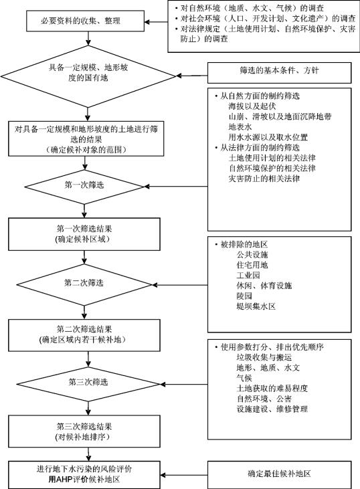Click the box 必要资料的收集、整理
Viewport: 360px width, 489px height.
pos(85,21)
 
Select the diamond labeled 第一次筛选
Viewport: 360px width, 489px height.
pos(84,187)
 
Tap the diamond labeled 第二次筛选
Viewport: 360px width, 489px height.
pos(84,284)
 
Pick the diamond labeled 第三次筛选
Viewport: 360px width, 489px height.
pos(88,383)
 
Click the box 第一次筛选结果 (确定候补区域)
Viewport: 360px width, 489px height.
pos(84,234)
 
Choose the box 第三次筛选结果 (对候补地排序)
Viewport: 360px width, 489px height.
pos(84,431)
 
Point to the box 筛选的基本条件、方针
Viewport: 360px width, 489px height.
pos(280,73)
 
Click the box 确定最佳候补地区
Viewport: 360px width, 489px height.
pos(280,475)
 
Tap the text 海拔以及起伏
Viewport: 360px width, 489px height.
pos(252,106)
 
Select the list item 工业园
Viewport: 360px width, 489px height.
pos(248,276)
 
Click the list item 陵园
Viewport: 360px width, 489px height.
pos(244,296)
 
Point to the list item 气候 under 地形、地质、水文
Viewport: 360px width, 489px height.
pos(244,378)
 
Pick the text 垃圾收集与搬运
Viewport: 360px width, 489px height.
pos(264,357)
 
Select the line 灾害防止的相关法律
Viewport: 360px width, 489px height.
pos(264,179)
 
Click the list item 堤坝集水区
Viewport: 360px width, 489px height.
pos(256,306)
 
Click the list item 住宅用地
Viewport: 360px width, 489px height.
pos(252,265)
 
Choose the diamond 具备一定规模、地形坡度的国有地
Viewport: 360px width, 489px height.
pos(88,76)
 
